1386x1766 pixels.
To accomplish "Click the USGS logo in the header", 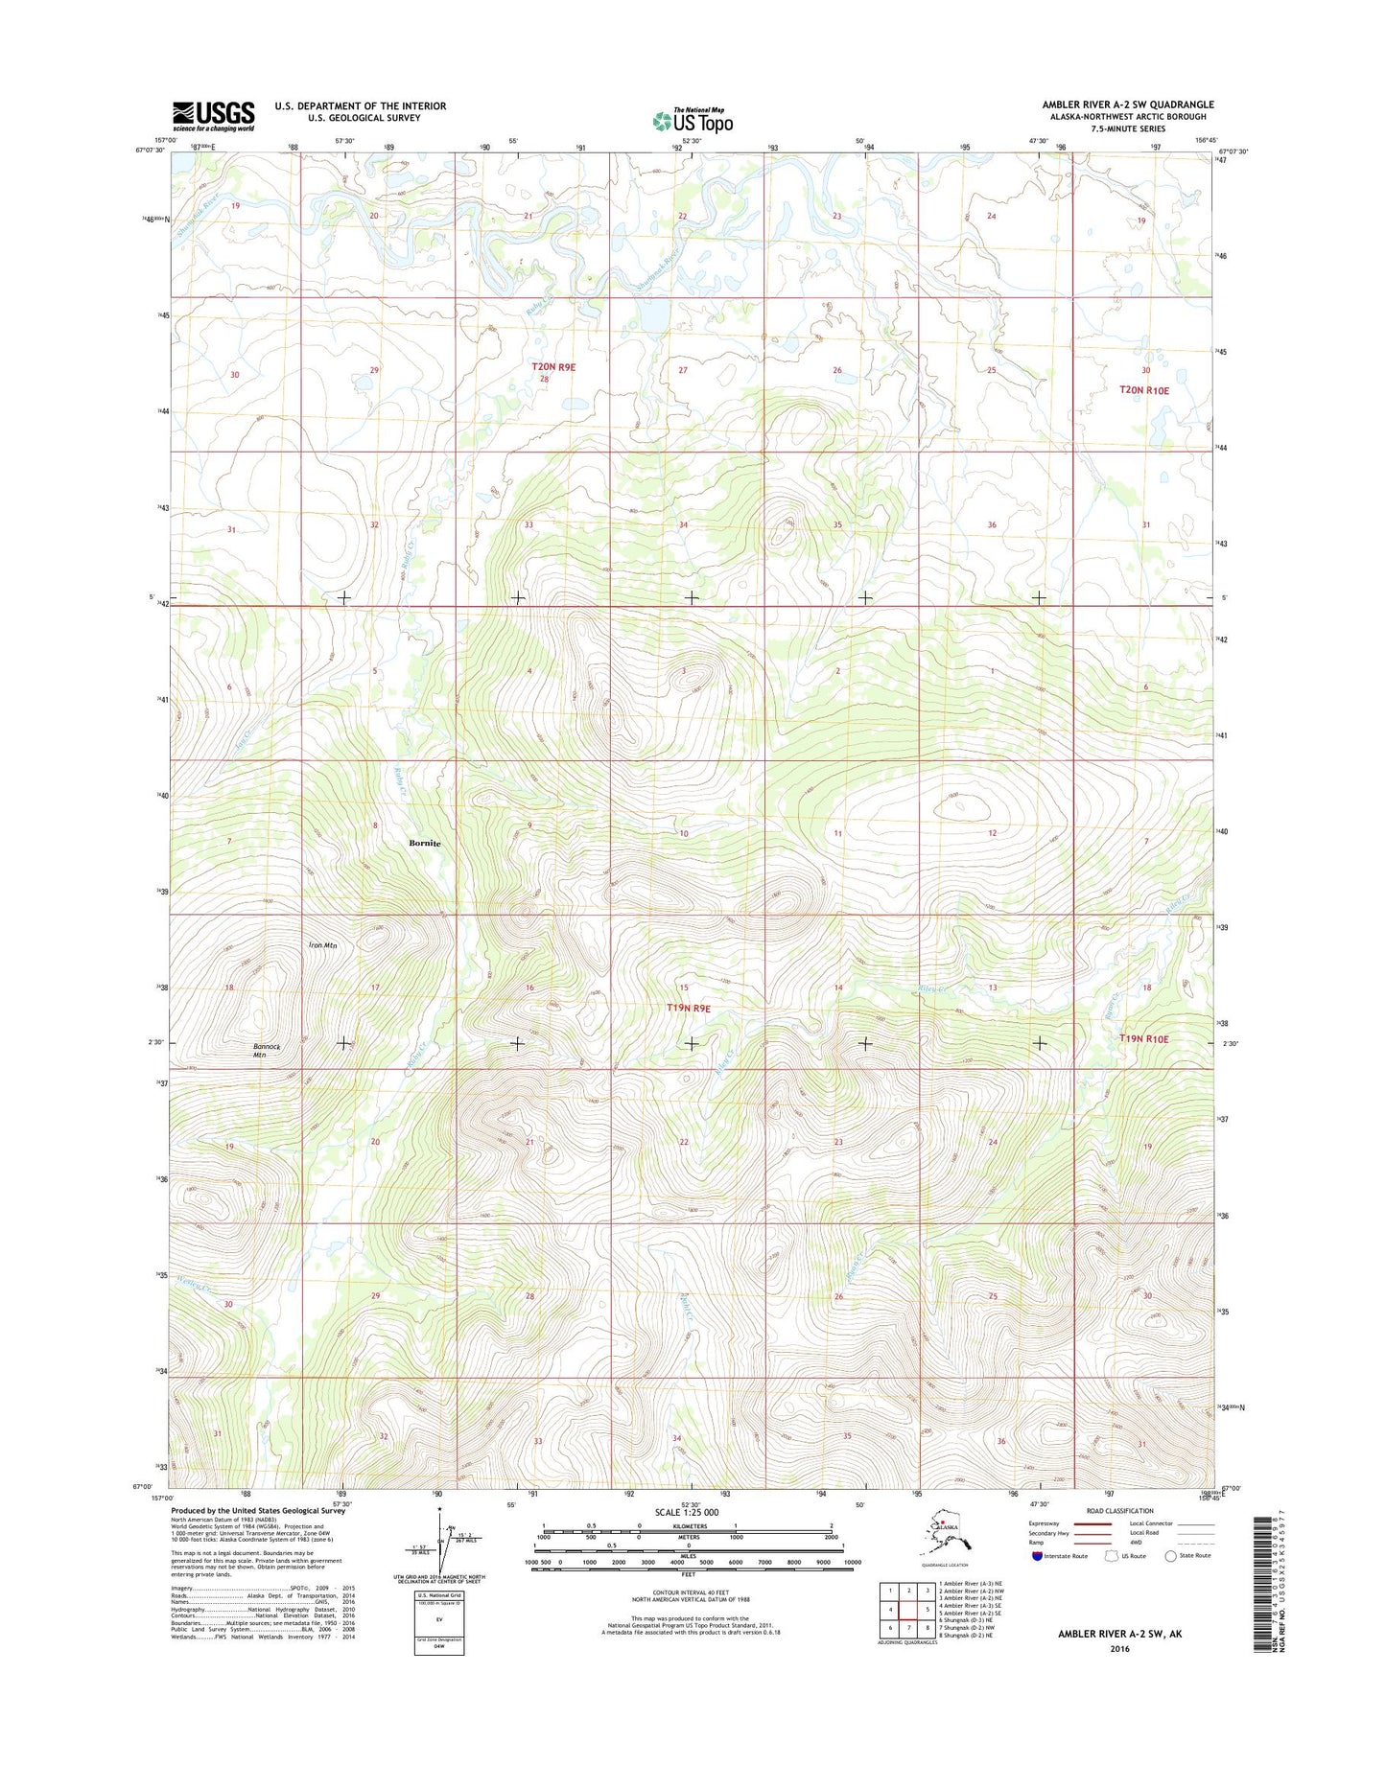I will click(x=213, y=115).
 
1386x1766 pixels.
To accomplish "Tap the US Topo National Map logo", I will click(x=692, y=120).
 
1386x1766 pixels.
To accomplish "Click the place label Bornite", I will click(x=425, y=843).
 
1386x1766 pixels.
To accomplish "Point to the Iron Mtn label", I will click(x=322, y=945).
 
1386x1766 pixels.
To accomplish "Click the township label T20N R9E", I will click(x=553, y=367).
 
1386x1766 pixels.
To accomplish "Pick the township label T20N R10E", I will click(x=1144, y=390).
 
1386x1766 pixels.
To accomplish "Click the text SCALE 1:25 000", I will click(x=686, y=1512).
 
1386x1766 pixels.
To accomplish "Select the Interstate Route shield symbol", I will click(x=1037, y=1556).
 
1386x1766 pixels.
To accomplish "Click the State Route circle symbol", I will click(x=1170, y=1556).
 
